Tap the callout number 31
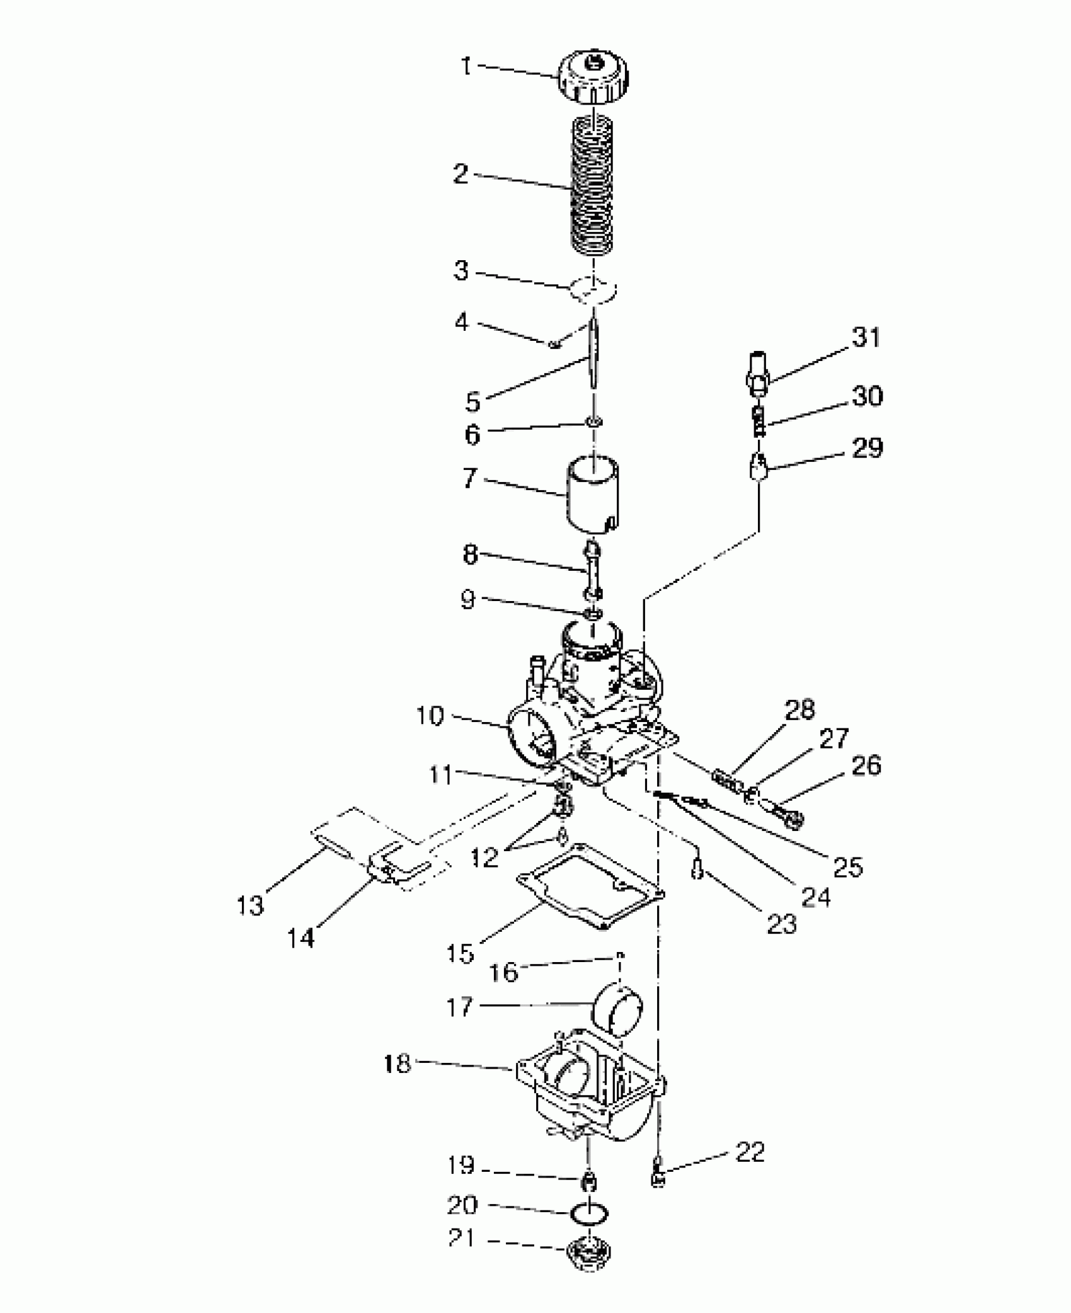(x=866, y=338)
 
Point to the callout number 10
(x=430, y=716)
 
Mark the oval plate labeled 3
(x=593, y=290)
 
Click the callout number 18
(x=397, y=1064)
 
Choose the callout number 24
(x=816, y=897)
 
